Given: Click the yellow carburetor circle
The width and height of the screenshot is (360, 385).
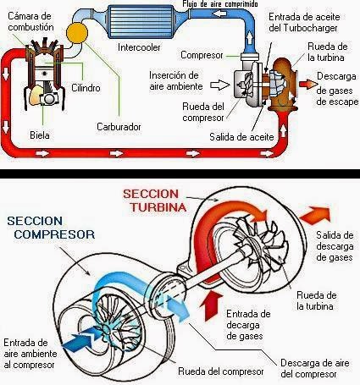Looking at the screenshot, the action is tap(77, 33).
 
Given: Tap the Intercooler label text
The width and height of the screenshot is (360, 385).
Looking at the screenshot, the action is tap(139, 47).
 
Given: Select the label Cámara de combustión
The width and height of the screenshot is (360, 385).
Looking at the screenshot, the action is tap(30, 21).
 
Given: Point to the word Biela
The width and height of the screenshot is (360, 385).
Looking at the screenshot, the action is tap(40, 135).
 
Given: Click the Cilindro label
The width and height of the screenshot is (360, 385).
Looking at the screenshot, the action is tap(86, 88).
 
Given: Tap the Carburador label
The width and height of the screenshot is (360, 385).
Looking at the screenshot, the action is tap(119, 127).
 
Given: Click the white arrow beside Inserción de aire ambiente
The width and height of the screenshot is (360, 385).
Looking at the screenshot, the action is tap(220, 85).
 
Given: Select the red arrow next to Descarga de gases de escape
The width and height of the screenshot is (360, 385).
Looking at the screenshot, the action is tap(308, 84).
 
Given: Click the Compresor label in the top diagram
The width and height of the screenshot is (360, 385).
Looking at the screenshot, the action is tap(202, 55).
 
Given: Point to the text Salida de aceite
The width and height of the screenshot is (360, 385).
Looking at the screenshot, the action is tap(241, 137).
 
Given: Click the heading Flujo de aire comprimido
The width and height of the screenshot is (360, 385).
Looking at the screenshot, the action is tap(220, 4).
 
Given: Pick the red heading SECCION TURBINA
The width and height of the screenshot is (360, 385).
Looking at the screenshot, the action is tap(155, 201).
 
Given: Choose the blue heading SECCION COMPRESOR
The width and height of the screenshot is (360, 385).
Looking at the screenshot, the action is tap(51, 228).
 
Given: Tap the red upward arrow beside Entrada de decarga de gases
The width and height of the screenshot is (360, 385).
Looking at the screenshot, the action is tap(211, 305).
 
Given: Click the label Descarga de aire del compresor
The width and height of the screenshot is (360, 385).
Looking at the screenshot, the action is tap(314, 368).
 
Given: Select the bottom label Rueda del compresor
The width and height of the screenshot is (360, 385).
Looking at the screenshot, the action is tap(221, 371).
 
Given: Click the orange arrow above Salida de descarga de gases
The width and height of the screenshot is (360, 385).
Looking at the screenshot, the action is tap(315, 216).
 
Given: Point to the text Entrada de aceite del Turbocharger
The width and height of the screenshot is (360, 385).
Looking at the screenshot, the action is tap(304, 22).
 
